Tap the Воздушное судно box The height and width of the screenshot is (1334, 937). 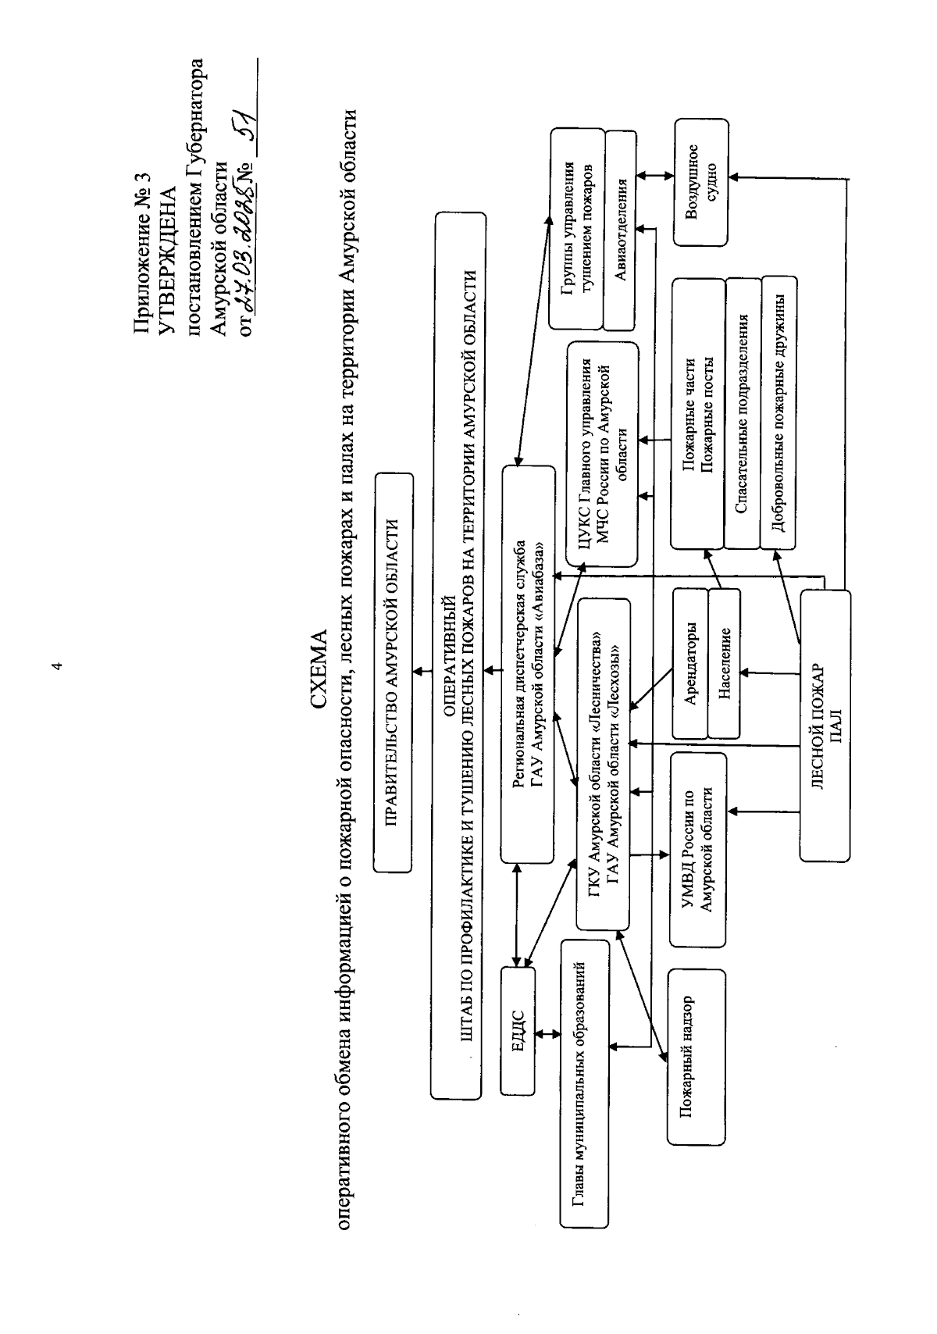tap(700, 183)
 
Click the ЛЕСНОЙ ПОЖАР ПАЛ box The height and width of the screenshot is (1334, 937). tap(825, 725)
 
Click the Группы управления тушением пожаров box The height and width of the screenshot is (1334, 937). tap(577, 228)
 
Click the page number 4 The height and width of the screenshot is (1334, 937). tap(55, 666)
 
